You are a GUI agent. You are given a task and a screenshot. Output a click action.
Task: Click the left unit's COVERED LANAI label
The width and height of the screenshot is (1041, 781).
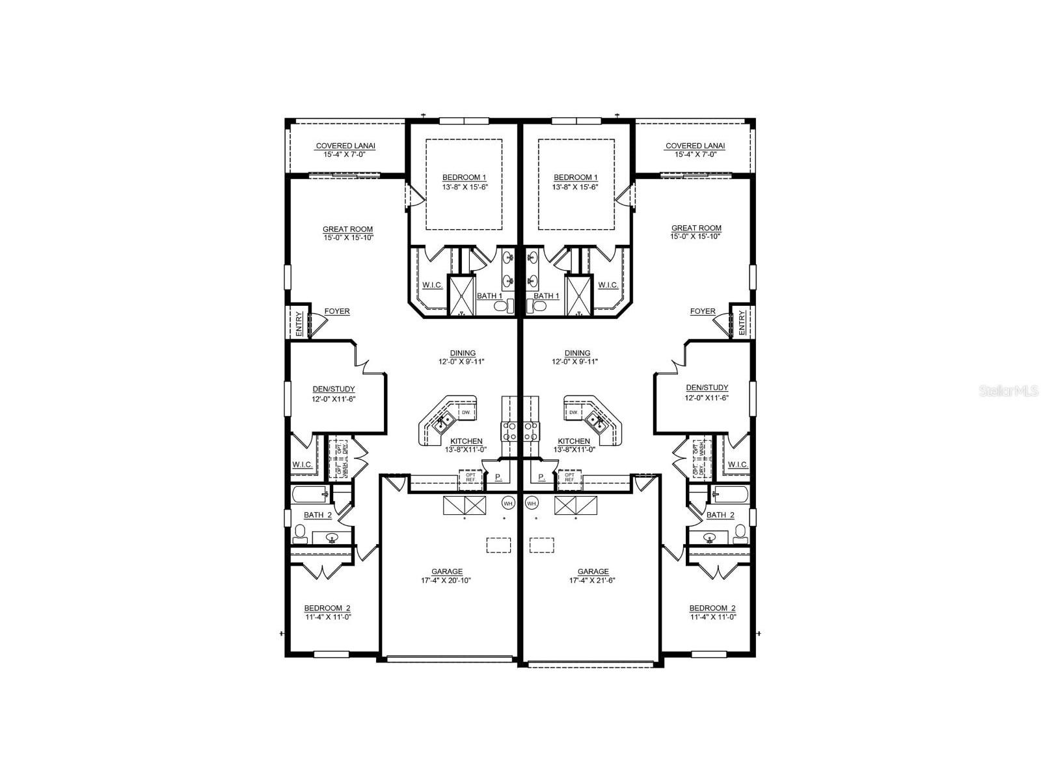point(345,146)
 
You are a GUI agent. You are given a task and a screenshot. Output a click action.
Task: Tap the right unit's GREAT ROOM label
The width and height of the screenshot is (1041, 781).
point(696,228)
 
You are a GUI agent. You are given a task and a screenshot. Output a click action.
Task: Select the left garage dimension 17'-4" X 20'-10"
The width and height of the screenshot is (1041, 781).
point(446,581)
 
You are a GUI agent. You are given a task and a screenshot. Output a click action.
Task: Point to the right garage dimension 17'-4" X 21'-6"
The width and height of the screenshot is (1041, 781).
point(593,581)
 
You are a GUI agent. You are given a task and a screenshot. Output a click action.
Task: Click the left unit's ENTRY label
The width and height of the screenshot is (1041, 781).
point(299,323)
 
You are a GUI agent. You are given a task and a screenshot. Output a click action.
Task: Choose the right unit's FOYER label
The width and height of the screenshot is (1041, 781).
point(703,311)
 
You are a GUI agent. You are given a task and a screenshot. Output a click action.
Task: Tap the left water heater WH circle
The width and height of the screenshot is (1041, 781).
point(508,503)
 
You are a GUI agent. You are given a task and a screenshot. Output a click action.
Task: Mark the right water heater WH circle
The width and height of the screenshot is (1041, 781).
point(532,503)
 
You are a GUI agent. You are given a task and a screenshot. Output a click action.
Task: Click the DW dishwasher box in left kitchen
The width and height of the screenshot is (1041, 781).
point(465,413)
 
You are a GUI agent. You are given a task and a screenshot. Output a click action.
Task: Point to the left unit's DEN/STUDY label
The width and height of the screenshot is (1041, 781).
point(334,389)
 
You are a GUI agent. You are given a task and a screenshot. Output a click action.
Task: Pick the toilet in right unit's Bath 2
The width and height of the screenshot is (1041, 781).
point(740,533)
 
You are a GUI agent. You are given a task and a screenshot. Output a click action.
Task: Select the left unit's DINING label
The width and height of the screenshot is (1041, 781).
point(463,353)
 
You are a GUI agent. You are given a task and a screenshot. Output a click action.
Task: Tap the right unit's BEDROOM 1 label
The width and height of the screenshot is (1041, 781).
point(575,177)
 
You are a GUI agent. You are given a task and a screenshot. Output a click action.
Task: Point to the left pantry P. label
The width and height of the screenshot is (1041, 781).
point(498,477)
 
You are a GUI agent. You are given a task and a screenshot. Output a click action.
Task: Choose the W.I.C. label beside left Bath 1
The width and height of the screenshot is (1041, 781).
point(433,285)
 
